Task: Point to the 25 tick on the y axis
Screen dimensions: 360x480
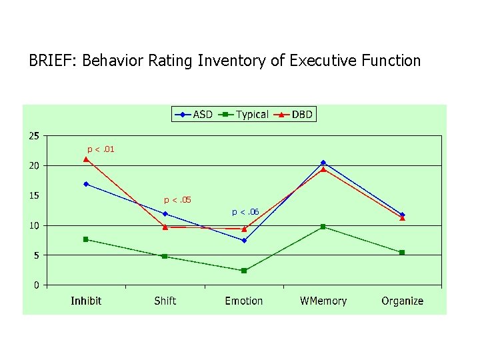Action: coord(33,136)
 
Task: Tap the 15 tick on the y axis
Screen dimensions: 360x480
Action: coord(33,196)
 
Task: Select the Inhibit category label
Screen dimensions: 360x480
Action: coord(86,301)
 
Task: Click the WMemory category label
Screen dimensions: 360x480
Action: coord(323,301)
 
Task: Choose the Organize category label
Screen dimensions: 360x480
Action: coord(402,301)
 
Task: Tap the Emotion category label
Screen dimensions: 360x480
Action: coord(244,301)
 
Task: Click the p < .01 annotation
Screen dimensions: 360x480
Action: coord(101,149)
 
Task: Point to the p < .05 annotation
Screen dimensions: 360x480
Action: coord(178,199)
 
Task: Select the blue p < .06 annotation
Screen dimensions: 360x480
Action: coord(245,212)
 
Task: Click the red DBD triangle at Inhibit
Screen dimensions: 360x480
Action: coord(86,159)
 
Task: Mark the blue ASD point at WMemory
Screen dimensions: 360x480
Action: coord(323,163)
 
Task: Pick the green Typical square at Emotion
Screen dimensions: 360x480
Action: coord(244,271)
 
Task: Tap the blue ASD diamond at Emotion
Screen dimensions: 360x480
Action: coord(244,241)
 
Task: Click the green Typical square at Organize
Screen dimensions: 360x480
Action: coord(402,253)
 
